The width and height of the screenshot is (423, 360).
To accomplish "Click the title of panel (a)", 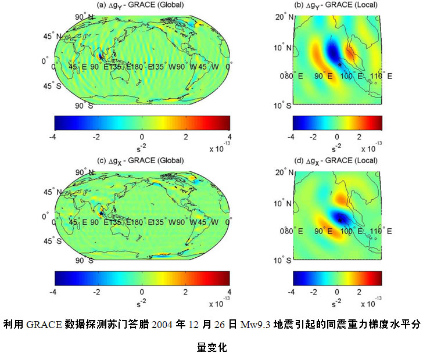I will (x=142, y=5).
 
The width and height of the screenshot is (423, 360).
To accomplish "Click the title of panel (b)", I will (x=339, y=5).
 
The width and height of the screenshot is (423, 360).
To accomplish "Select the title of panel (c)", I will (x=142, y=160).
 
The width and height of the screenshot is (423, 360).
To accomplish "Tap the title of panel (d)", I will (x=339, y=160).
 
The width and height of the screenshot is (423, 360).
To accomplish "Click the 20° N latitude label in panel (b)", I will (x=283, y=17).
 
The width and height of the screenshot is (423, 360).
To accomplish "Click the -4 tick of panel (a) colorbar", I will (x=54, y=137).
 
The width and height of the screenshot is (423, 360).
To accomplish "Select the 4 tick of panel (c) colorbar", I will (x=230, y=291).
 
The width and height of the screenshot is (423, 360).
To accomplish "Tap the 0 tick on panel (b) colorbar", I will (x=337, y=137).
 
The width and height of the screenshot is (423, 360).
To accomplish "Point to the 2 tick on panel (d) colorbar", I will (x=360, y=291).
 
